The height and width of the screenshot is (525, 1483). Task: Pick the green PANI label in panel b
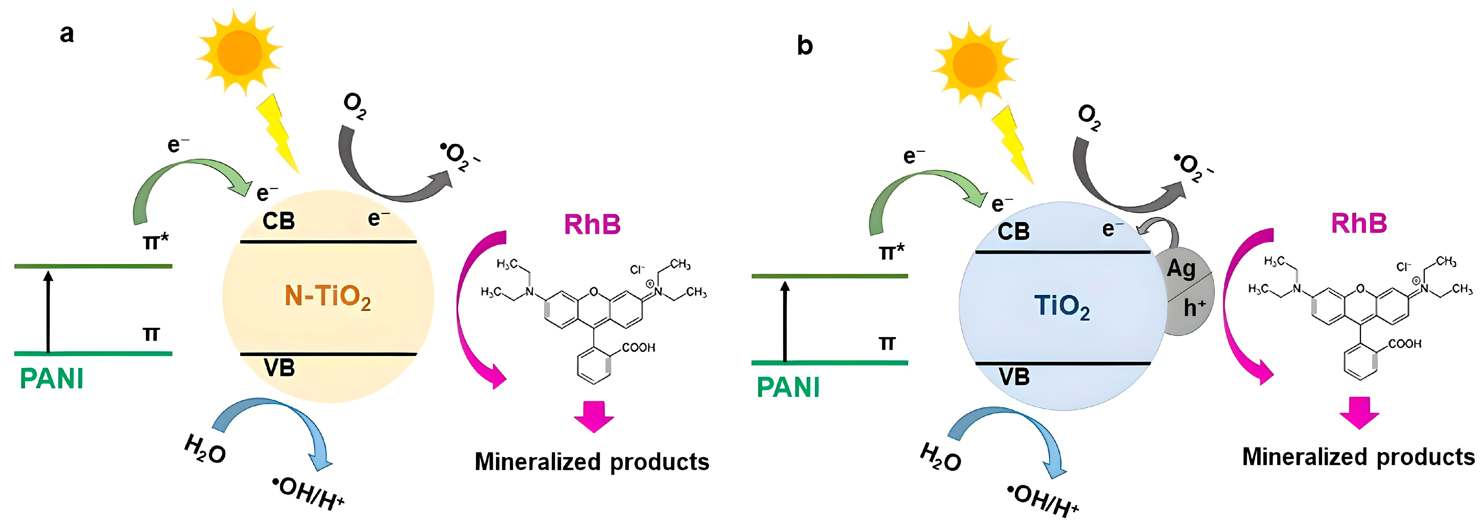(x=788, y=387)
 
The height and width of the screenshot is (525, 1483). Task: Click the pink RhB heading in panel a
(x=592, y=224)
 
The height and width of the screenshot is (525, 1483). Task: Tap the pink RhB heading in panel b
(x=1359, y=223)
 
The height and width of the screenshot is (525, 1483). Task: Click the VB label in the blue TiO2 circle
(x=1014, y=377)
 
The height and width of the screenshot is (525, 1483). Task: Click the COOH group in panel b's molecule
(x=1405, y=344)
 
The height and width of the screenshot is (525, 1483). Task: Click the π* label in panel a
(x=155, y=240)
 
